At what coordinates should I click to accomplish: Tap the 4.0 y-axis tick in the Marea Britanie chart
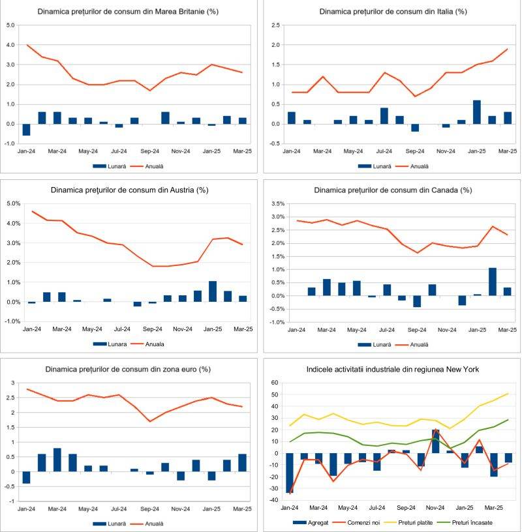[x=10, y=45]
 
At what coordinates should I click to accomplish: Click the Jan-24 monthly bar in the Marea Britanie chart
[x=27, y=130]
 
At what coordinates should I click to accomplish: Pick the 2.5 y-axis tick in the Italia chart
[x=276, y=25]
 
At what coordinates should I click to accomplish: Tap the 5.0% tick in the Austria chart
[x=13, y=203]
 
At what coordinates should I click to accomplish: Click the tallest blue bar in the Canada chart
[x=493, y=282]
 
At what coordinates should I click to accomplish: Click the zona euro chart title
[x=127, y=369]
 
